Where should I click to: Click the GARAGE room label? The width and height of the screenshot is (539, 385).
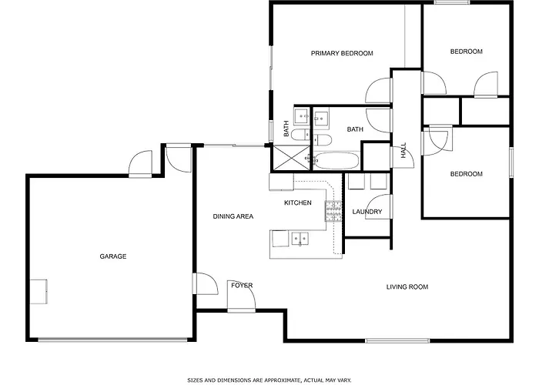112,256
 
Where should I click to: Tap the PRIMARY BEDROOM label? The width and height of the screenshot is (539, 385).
342,53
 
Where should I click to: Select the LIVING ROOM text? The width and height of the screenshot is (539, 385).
407,287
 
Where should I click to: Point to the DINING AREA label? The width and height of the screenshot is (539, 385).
233,216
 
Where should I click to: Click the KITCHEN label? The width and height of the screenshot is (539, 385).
298,203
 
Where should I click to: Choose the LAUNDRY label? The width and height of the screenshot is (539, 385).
367,212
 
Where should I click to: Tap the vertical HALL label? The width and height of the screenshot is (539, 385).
403,151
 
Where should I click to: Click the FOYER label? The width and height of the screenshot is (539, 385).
242,286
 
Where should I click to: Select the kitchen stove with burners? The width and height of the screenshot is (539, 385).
333,211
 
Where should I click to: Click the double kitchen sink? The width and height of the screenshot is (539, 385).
300,239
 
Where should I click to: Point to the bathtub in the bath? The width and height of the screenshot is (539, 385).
337,160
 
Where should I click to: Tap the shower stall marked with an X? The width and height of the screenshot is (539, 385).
291,158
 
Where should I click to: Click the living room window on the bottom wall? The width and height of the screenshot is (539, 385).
397,340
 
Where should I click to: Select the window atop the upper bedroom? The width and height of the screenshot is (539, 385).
452,2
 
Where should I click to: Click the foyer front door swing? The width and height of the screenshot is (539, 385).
241,296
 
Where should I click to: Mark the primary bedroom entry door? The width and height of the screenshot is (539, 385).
379,90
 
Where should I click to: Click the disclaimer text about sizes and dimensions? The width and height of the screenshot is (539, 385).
269,380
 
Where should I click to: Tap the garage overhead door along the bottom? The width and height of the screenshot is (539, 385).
112,340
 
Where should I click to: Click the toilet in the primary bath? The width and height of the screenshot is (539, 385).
301,135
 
